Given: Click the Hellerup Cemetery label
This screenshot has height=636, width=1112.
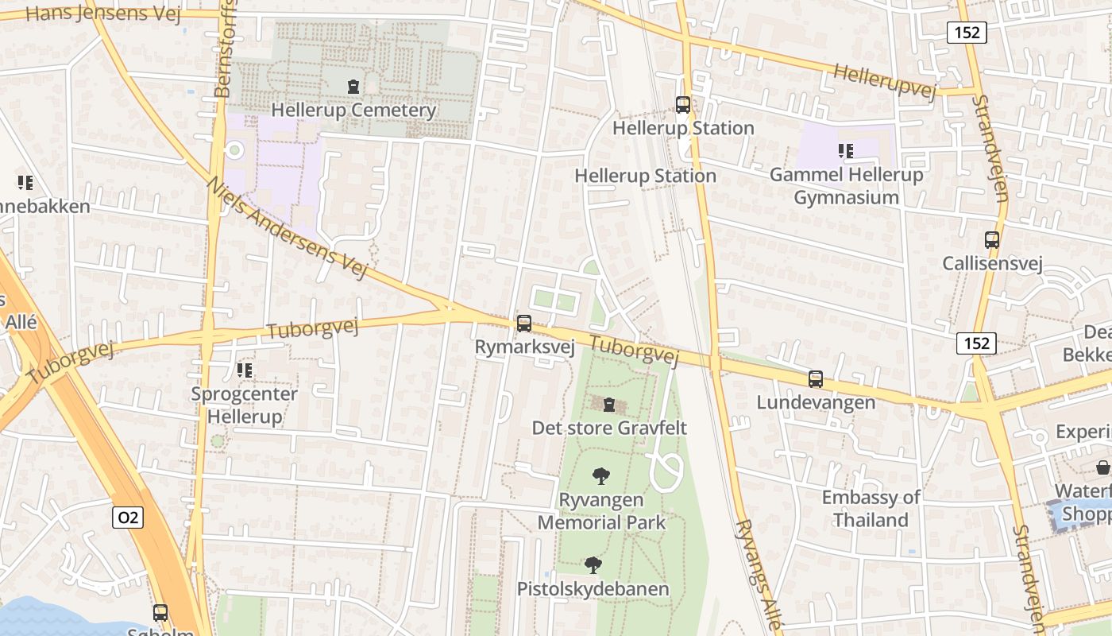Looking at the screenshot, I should point(353,110).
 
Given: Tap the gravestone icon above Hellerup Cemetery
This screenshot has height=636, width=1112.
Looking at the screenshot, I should point(353,86).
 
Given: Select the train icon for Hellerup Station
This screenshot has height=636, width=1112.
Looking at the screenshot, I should point(682,104).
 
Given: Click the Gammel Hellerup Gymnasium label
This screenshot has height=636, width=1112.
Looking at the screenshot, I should point(846,186).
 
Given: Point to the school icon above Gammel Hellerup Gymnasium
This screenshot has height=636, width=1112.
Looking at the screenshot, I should point(845,150).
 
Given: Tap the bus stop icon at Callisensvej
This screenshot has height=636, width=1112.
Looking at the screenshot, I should point(991,239).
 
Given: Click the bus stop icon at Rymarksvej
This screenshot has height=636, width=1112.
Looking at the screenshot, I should point(524,324).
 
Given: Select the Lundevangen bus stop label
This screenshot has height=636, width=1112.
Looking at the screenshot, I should point(816,402).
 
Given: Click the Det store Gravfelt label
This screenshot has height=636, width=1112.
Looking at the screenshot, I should point(609,428).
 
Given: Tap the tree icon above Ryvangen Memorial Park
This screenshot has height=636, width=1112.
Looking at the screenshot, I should point(601,476).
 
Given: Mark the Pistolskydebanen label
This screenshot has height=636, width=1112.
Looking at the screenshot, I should point(593,589).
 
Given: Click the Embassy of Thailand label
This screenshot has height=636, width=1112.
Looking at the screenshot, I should point(871,509).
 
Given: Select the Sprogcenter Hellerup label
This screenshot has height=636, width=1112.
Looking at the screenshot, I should point(245,405).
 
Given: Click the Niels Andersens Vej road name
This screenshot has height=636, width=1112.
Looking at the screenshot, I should point(288,227).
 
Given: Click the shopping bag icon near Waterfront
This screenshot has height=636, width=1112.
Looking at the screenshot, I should point(1103,467).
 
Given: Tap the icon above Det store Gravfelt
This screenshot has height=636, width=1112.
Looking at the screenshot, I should point(609,405).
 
